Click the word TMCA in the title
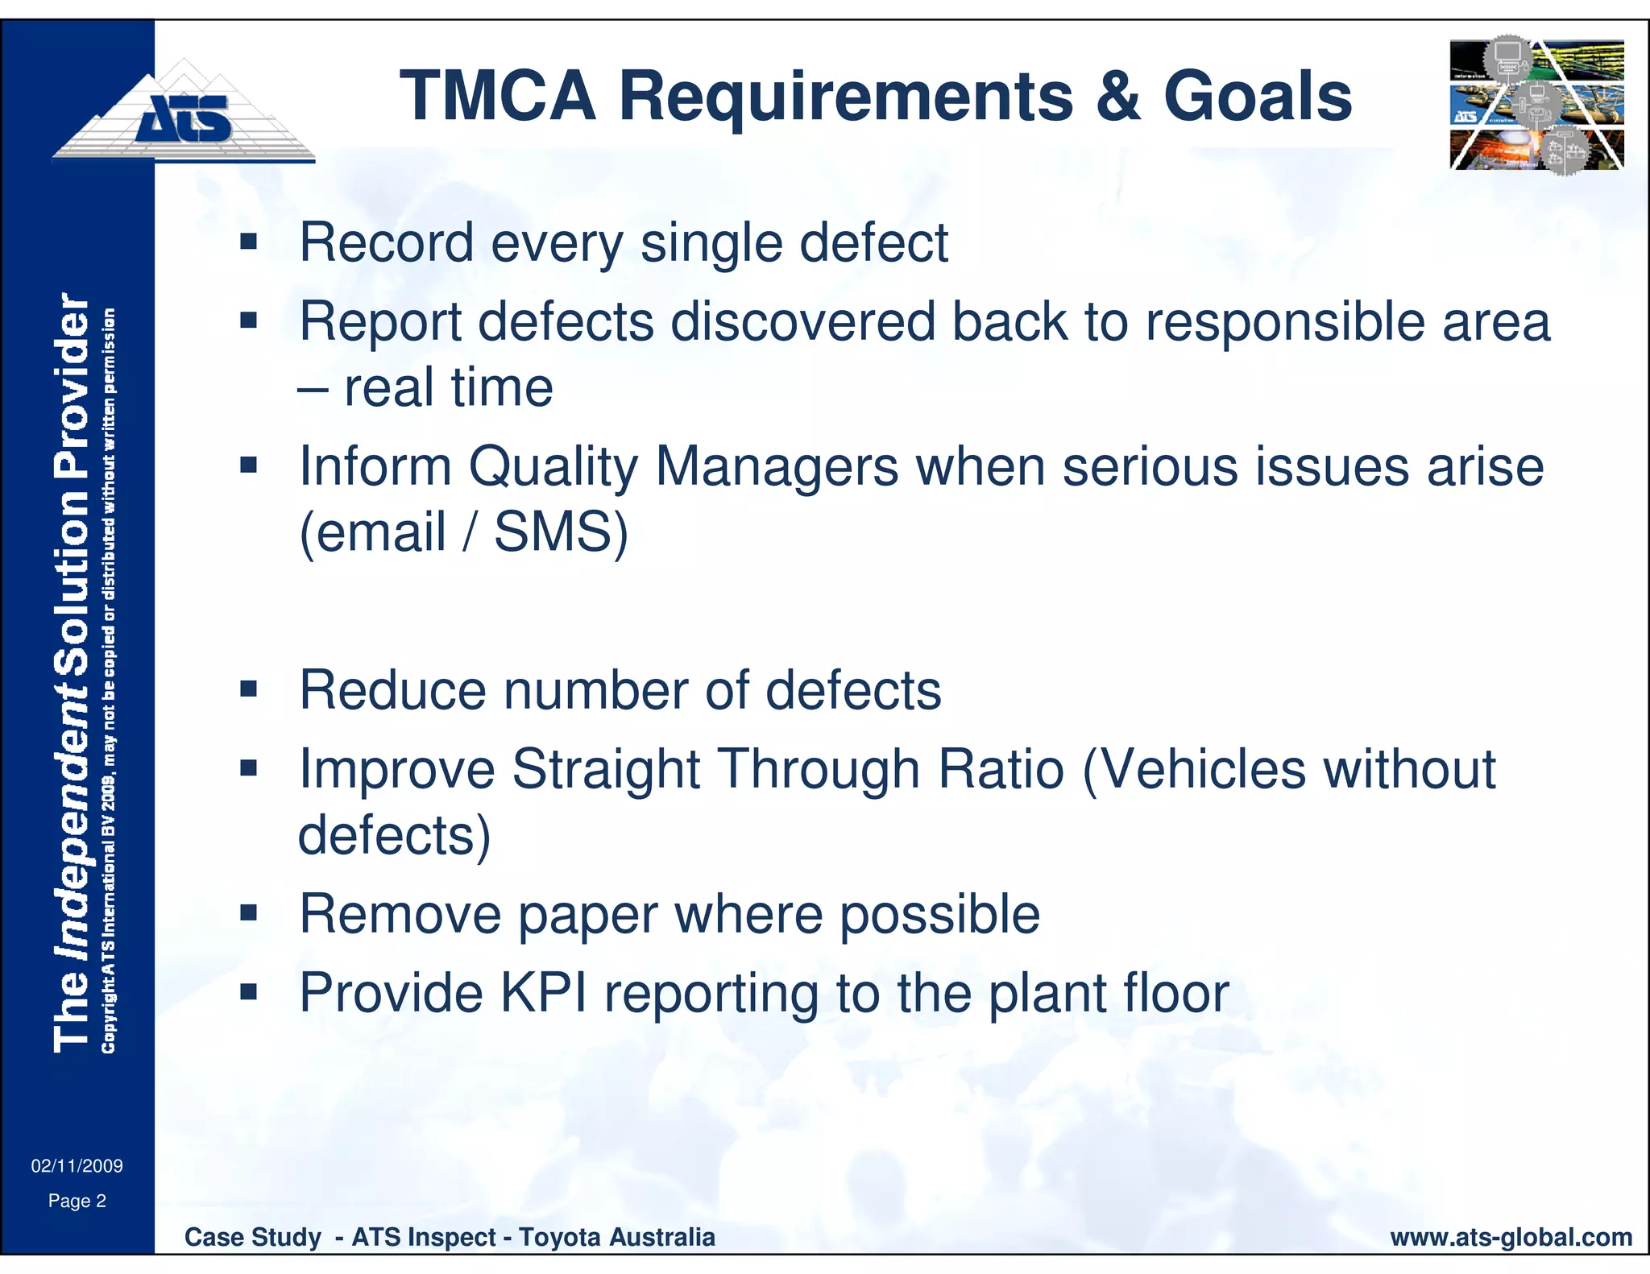pyautogui.click(x=497, y=97)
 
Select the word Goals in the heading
pyautogui.click(x=1258, y=97)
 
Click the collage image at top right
pyautogui.click(x=1536, y=105)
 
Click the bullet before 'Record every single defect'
pyautogui.click(x=248, y=242)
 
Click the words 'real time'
pyautogui.click(x=448, y=388)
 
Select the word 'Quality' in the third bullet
pyautogui.click(x=553, y=467)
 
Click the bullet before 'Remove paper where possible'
pyautogui.click(x=248, y=913)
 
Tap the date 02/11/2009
pyautogui.click(x=77, y=1166)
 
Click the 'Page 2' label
pyautogui.click(x=77, y=1202)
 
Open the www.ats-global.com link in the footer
pyautogui.click(x=1511, y=1237)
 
